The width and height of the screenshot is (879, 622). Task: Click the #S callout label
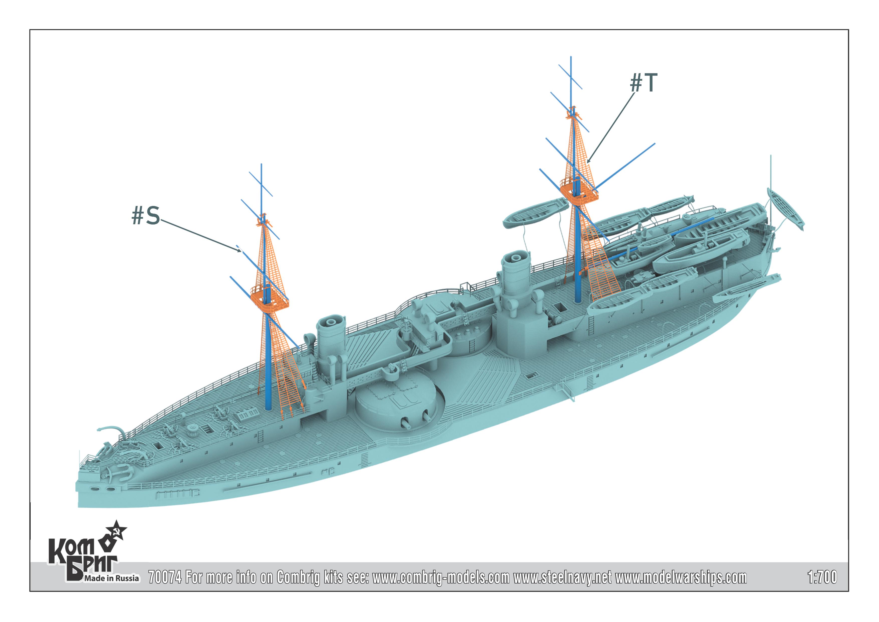pos(146,215)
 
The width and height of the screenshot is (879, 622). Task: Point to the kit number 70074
pos(165,577)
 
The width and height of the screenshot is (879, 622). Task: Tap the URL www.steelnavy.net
pos(562,577)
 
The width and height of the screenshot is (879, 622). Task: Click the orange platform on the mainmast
pos(579,192)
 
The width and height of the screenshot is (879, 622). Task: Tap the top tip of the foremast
pos(262,165)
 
